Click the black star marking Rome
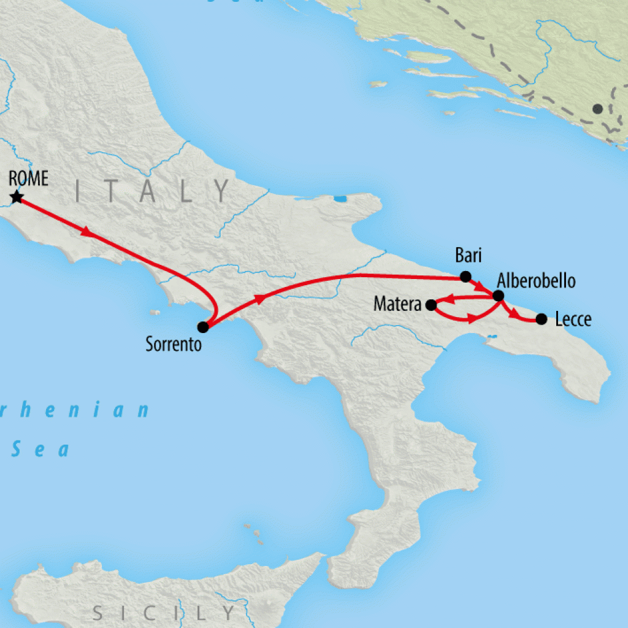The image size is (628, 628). pyautogui.click(x=17, y=197)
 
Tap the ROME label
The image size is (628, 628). pyautogui.click(x=28, y=180)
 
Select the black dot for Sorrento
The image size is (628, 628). pyautogui.click(x=203, y=327)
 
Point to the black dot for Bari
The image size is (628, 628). pyautogui.click(x=465, y=276)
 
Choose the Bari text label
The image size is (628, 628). pyautogui.click(x=468, y=255)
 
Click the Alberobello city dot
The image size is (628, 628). pyautogui.click(x=499, y=296)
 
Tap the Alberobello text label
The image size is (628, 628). pyautogui.click(x=536, y=281)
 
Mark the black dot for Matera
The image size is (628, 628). pyautogui.click(x=431, y=304)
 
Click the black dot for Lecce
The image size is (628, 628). pyautogui.click(x=541, y=319)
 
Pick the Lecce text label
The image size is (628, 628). pyautogui.click(x=573, y=319)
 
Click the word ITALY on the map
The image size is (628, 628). pyautogui.click(x=153, y=191)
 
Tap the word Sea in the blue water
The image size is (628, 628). pyautogui.click(x=40, y=449)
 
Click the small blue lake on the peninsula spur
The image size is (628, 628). pyautogui.click(x=339, y=199)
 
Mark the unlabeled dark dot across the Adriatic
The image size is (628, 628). pyautogui.click(x=597, y=109)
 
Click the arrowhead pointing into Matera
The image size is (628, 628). pyautogui.click(x=448, y=300)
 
